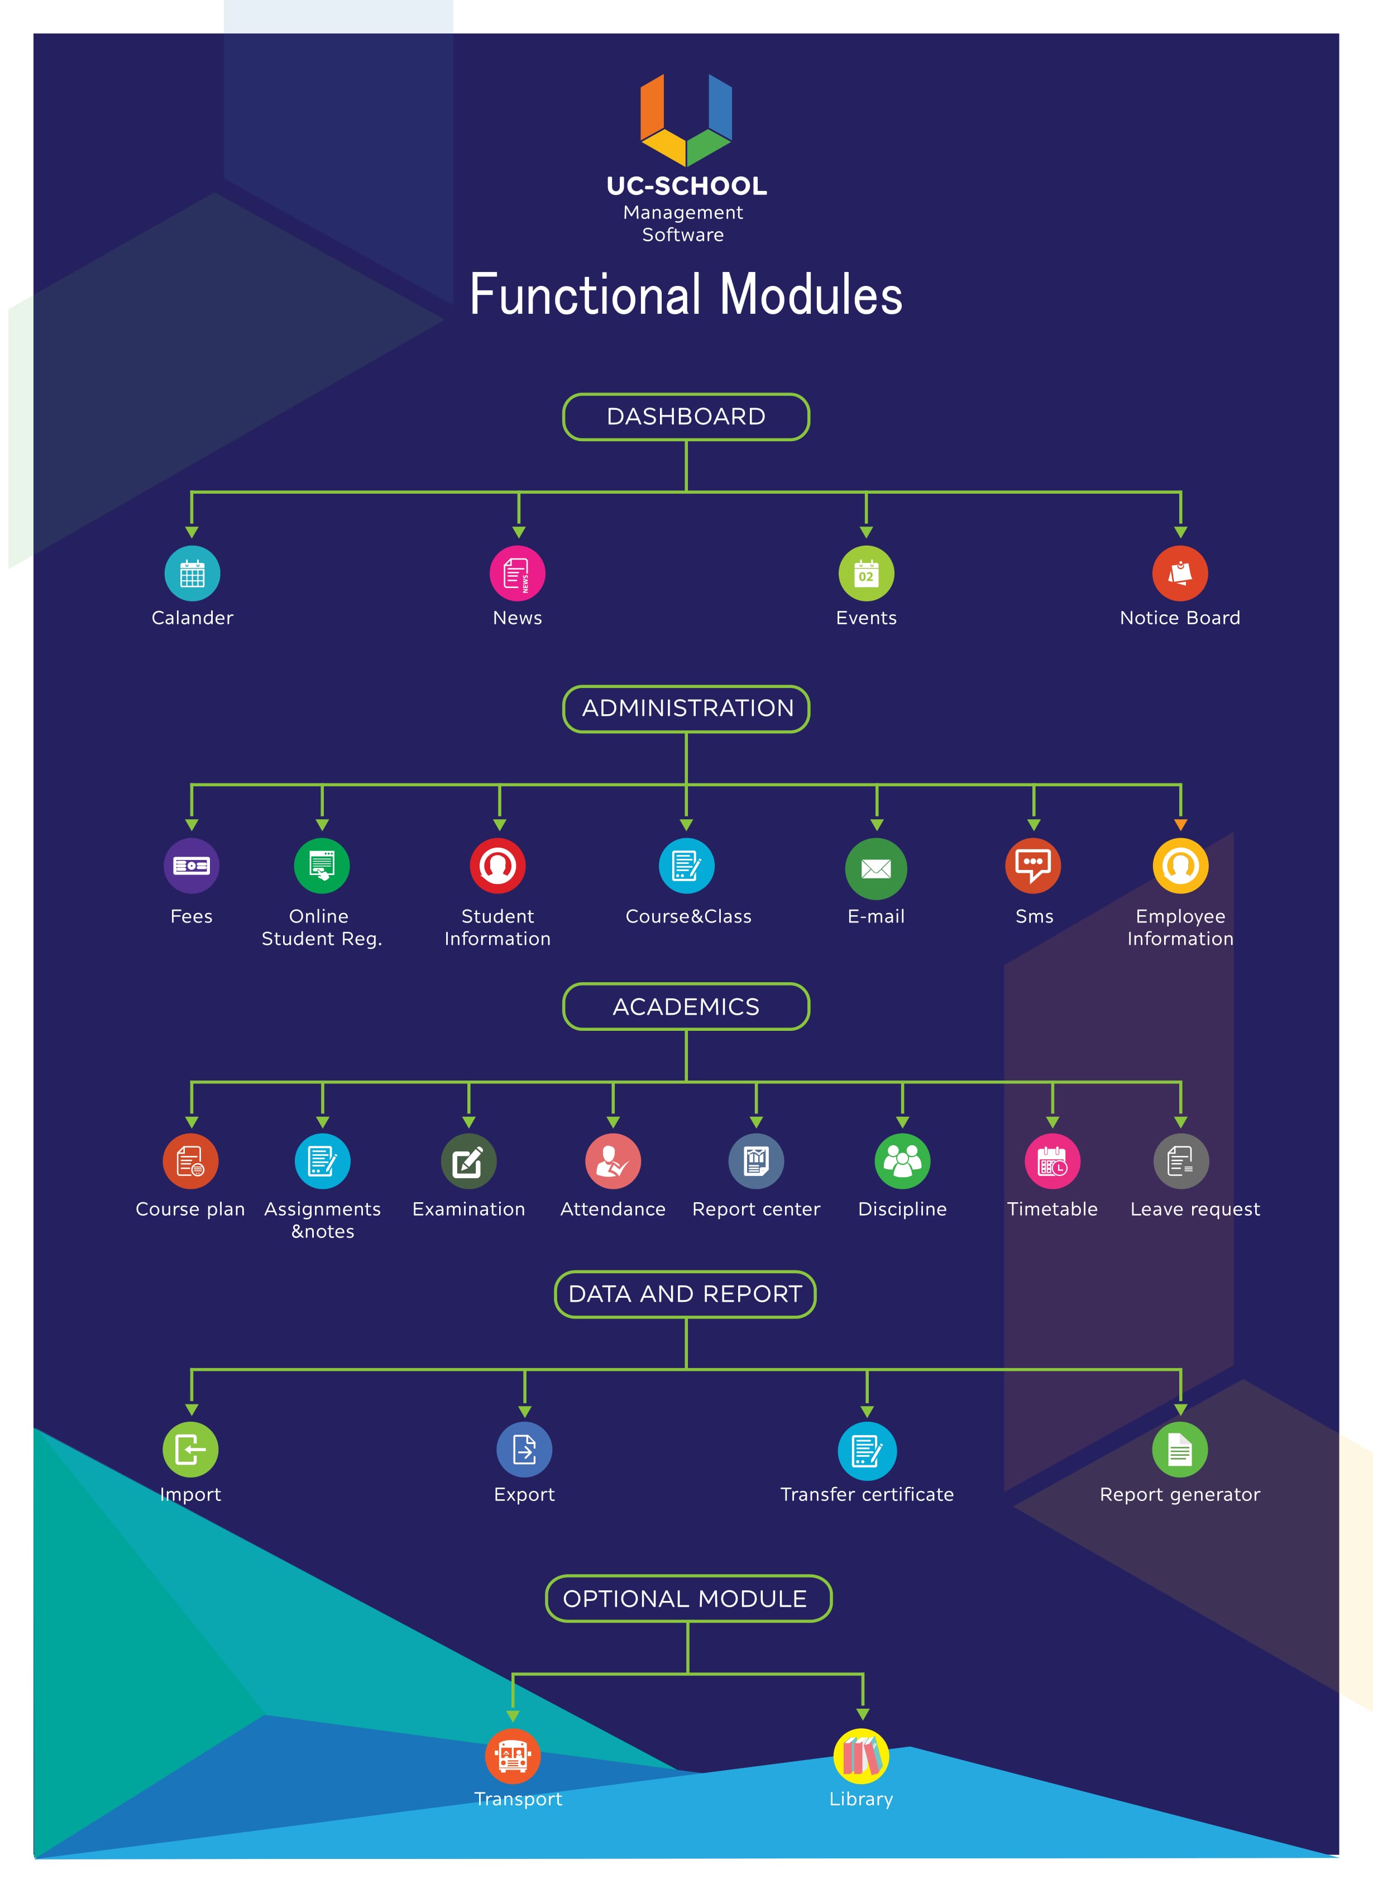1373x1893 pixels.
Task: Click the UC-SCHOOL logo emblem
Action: click(x=686, y=119)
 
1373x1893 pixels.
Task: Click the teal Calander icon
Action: click(x=192, y=573)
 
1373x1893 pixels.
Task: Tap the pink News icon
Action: click(x=518, y=573)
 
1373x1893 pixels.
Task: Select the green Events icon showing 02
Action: click(x=867, y=573)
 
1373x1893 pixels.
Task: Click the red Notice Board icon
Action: click(x=1180, y=573)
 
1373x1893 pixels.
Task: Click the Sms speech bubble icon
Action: click(x=1034, y=866)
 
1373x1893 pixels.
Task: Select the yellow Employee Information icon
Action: click(x=1180, y=866)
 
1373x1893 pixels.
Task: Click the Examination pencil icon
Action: click(x=468, y=1161)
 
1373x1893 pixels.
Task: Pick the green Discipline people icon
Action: click(x=902, y=1161)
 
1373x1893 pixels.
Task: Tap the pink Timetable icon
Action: click(x=1053, y=1161)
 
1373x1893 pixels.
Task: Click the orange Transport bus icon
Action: click(x=513, y=1756)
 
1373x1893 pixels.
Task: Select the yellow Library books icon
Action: click(x=862, y=1756)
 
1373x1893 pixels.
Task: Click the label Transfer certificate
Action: click(x=867, y=1494)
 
